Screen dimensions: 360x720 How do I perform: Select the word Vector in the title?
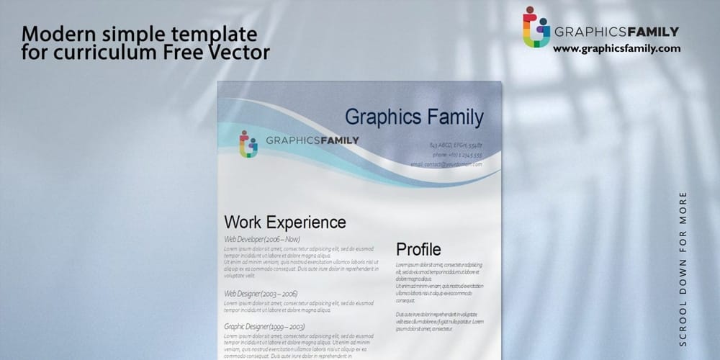click(x=243, y=52)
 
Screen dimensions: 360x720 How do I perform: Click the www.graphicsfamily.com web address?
click(x=616, y=48)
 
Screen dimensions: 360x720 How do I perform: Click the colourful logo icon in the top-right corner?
click(x=535, y=27)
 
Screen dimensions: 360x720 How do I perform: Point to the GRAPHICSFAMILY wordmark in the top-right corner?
click(x=616, y=31)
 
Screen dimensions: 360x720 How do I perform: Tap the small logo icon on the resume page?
click(x=248, y=143)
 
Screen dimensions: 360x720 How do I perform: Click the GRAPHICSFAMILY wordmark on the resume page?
click(x=312, y=140)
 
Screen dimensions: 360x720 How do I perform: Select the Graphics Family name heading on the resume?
click(x=414, y=117)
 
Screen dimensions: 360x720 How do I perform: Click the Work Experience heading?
click(x=285, y=222)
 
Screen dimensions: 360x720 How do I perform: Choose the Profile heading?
click(x=418, y=250)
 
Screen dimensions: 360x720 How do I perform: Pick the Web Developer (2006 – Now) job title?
click(x=262, y=239)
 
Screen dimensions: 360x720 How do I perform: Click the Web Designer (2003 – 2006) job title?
click(x=261, y=294)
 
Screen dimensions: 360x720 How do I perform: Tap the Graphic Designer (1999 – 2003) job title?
click(x=264, y=327)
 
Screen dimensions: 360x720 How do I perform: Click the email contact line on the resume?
click(x=446, y=164)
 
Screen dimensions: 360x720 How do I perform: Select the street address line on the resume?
click(x=456, y=145)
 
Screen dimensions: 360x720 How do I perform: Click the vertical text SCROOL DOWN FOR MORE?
click(x=683, y=268)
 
